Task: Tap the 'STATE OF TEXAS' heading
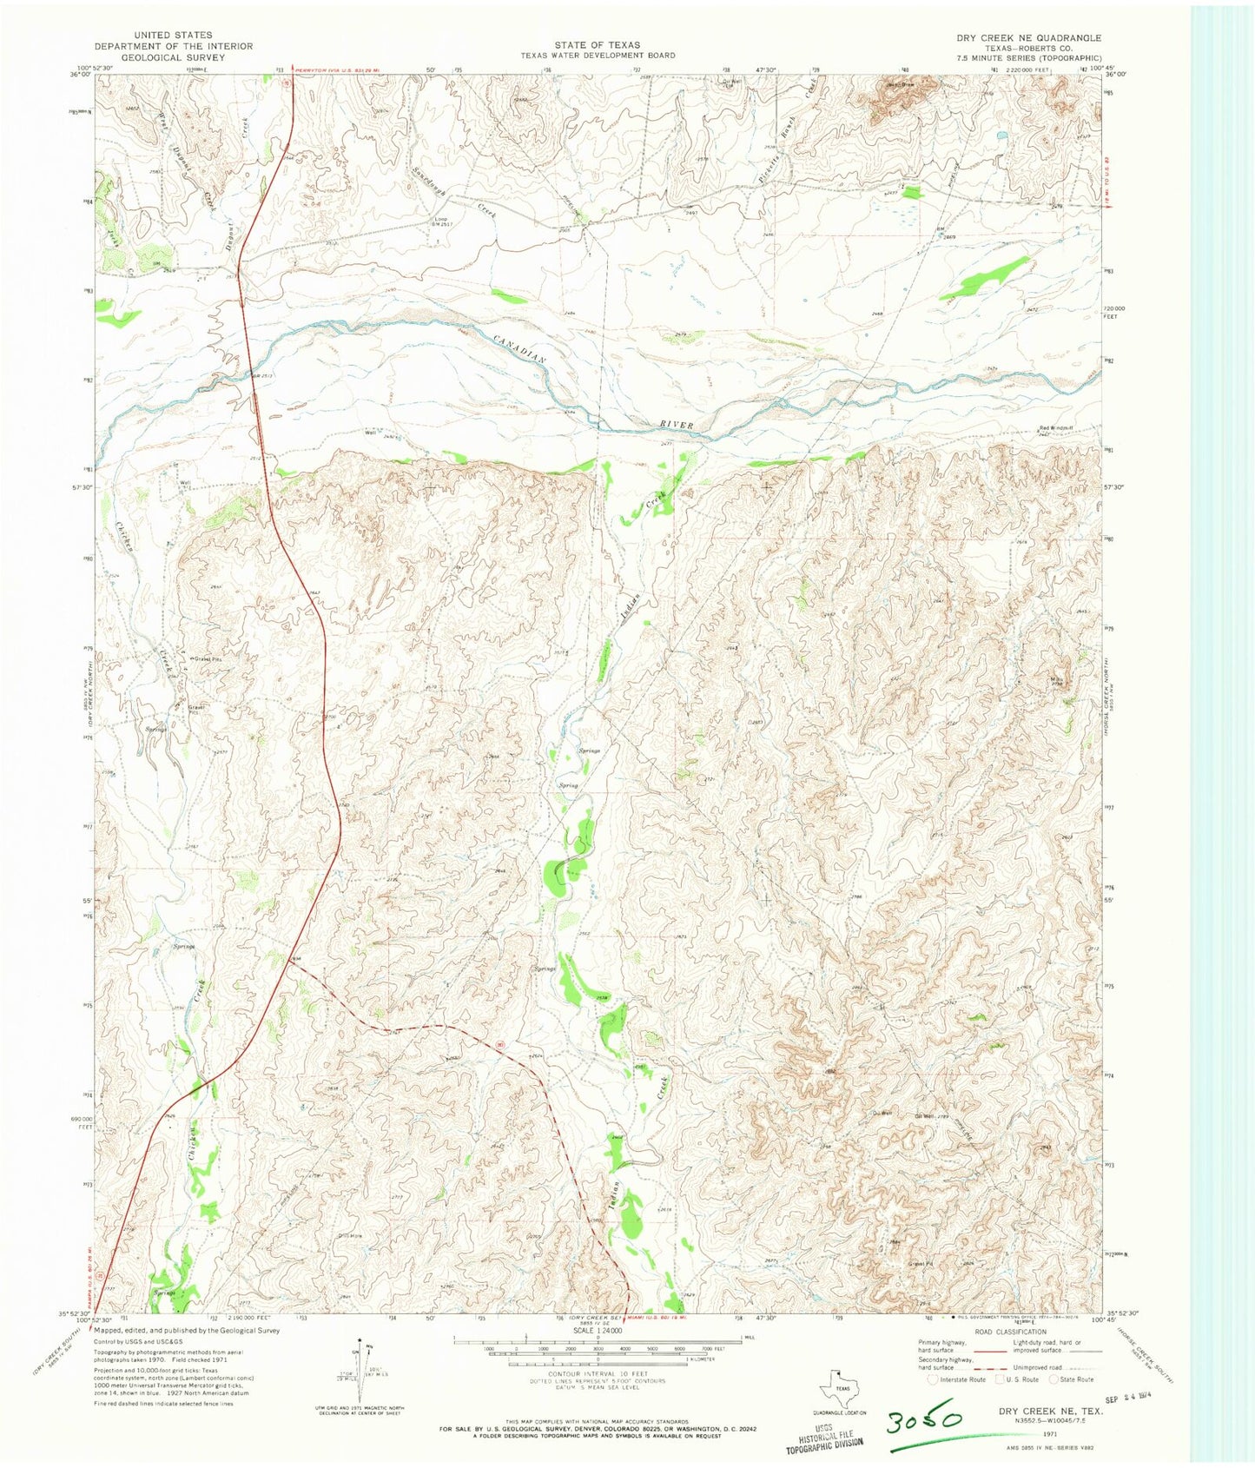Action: [598, 44]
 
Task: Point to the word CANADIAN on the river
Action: [519, 347]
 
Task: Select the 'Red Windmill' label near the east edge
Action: [1057, 428]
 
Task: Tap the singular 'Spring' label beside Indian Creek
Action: [567, 785]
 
